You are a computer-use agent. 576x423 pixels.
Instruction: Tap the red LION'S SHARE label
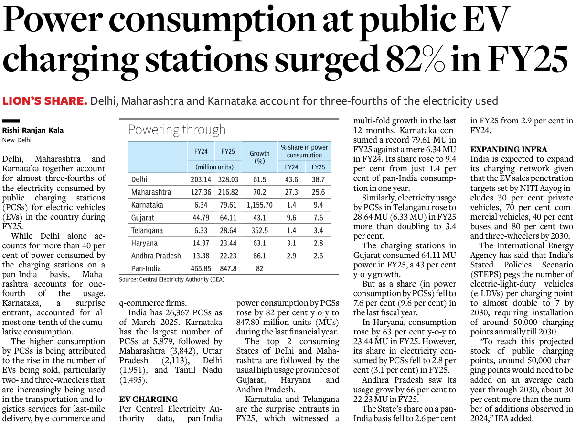(x=45, y=101)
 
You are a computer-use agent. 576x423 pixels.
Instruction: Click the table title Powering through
(x=177, y=130)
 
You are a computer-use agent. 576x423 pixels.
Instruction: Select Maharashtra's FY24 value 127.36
(x=201, y=192)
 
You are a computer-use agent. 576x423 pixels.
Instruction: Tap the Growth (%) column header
(x=260, y=157)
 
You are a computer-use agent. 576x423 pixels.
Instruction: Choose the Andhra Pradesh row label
(x=156, y=256)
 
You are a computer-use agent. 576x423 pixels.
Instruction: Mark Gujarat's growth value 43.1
(x=260, y=218)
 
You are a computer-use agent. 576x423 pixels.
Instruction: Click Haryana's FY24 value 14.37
(x=201, y=244)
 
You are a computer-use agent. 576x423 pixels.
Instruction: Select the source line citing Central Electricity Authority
(x=171, y=279)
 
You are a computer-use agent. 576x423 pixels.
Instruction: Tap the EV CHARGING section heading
(x=148, y=399)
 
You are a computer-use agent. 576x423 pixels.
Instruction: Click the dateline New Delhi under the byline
(x=17, y=140)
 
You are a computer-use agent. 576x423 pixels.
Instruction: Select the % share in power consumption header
(x=305, y=151)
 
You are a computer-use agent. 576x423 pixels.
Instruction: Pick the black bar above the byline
(x=11, y=121)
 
